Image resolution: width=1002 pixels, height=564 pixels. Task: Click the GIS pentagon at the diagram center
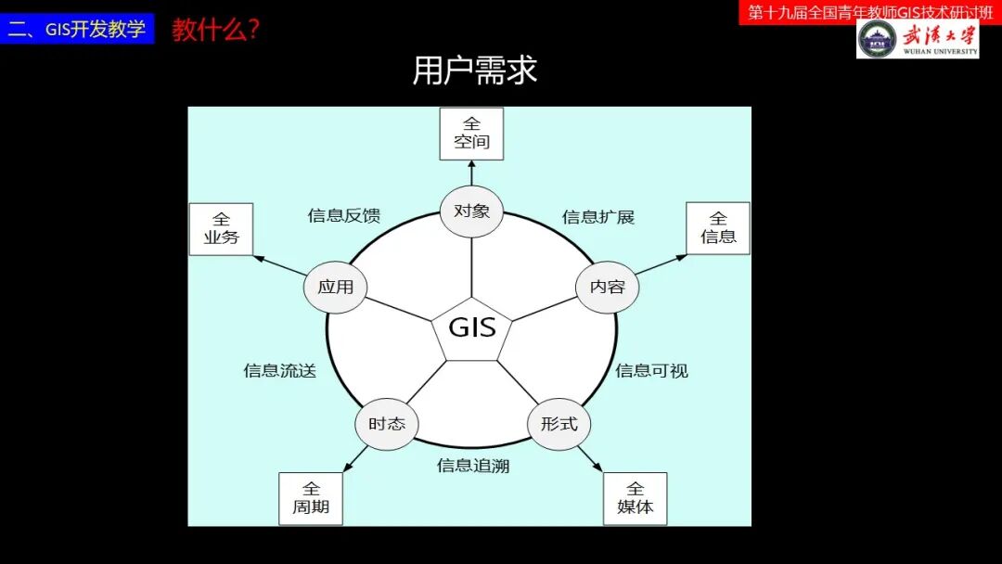471,328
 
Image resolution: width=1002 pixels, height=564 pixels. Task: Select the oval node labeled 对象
471,211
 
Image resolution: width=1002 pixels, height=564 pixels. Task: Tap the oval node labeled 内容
608,287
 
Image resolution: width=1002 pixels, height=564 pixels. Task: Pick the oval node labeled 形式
559,424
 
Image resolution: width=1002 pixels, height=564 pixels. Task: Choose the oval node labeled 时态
387,424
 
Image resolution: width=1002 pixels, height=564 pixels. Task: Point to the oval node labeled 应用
335,287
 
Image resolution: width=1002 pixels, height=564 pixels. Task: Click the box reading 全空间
471,134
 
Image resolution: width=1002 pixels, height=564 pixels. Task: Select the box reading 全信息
718,228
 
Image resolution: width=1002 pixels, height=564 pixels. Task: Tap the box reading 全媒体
635,498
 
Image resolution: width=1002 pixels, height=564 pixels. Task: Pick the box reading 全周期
311,498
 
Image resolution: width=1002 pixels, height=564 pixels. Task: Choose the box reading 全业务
221,228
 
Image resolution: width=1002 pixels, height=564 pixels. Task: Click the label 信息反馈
344,216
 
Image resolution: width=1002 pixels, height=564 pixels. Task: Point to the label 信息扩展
598,217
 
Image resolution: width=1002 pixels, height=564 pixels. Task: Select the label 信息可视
651,371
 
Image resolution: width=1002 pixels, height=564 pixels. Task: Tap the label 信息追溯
473,466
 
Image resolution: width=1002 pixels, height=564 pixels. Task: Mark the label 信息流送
280,371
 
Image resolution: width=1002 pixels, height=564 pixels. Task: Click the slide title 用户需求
474,70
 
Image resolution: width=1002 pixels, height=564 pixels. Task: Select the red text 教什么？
215,30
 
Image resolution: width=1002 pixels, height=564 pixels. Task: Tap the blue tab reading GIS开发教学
77,29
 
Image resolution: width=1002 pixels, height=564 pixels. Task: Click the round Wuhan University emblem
877,39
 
